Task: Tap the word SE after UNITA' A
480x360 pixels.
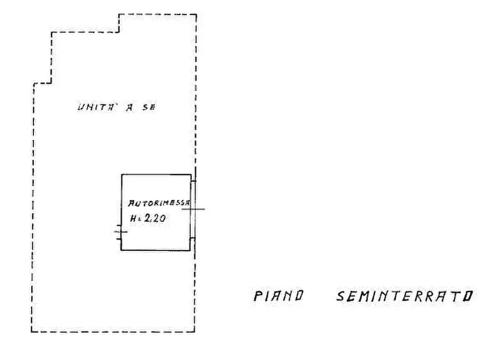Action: (149, 107)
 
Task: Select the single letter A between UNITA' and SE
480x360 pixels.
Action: (130, 107)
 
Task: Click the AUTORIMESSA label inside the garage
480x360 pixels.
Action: (159, 203)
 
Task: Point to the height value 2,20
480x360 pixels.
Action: (155, 218)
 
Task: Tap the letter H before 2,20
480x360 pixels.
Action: (133, 219)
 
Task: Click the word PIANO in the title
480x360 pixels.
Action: (278, 296)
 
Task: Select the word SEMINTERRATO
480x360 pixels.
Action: (405, 296)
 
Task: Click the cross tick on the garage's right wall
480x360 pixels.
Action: (193, 209)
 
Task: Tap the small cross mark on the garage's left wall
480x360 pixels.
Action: (121, 232)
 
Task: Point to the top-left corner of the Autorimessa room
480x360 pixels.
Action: (122, 175)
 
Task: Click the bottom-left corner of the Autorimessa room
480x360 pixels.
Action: (121, 250)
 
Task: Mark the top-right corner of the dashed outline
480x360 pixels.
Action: (196, 14)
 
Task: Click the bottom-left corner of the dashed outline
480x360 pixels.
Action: (32, 332)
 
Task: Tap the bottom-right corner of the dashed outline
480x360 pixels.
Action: (195, 332)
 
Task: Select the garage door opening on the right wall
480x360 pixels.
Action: (193, 210)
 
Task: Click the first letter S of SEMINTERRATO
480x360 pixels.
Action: (341, 296)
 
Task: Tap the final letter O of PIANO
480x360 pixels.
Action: (298, 296)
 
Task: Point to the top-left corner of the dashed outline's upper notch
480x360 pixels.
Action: (119, 14)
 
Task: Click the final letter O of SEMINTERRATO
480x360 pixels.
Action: (468, 296)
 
